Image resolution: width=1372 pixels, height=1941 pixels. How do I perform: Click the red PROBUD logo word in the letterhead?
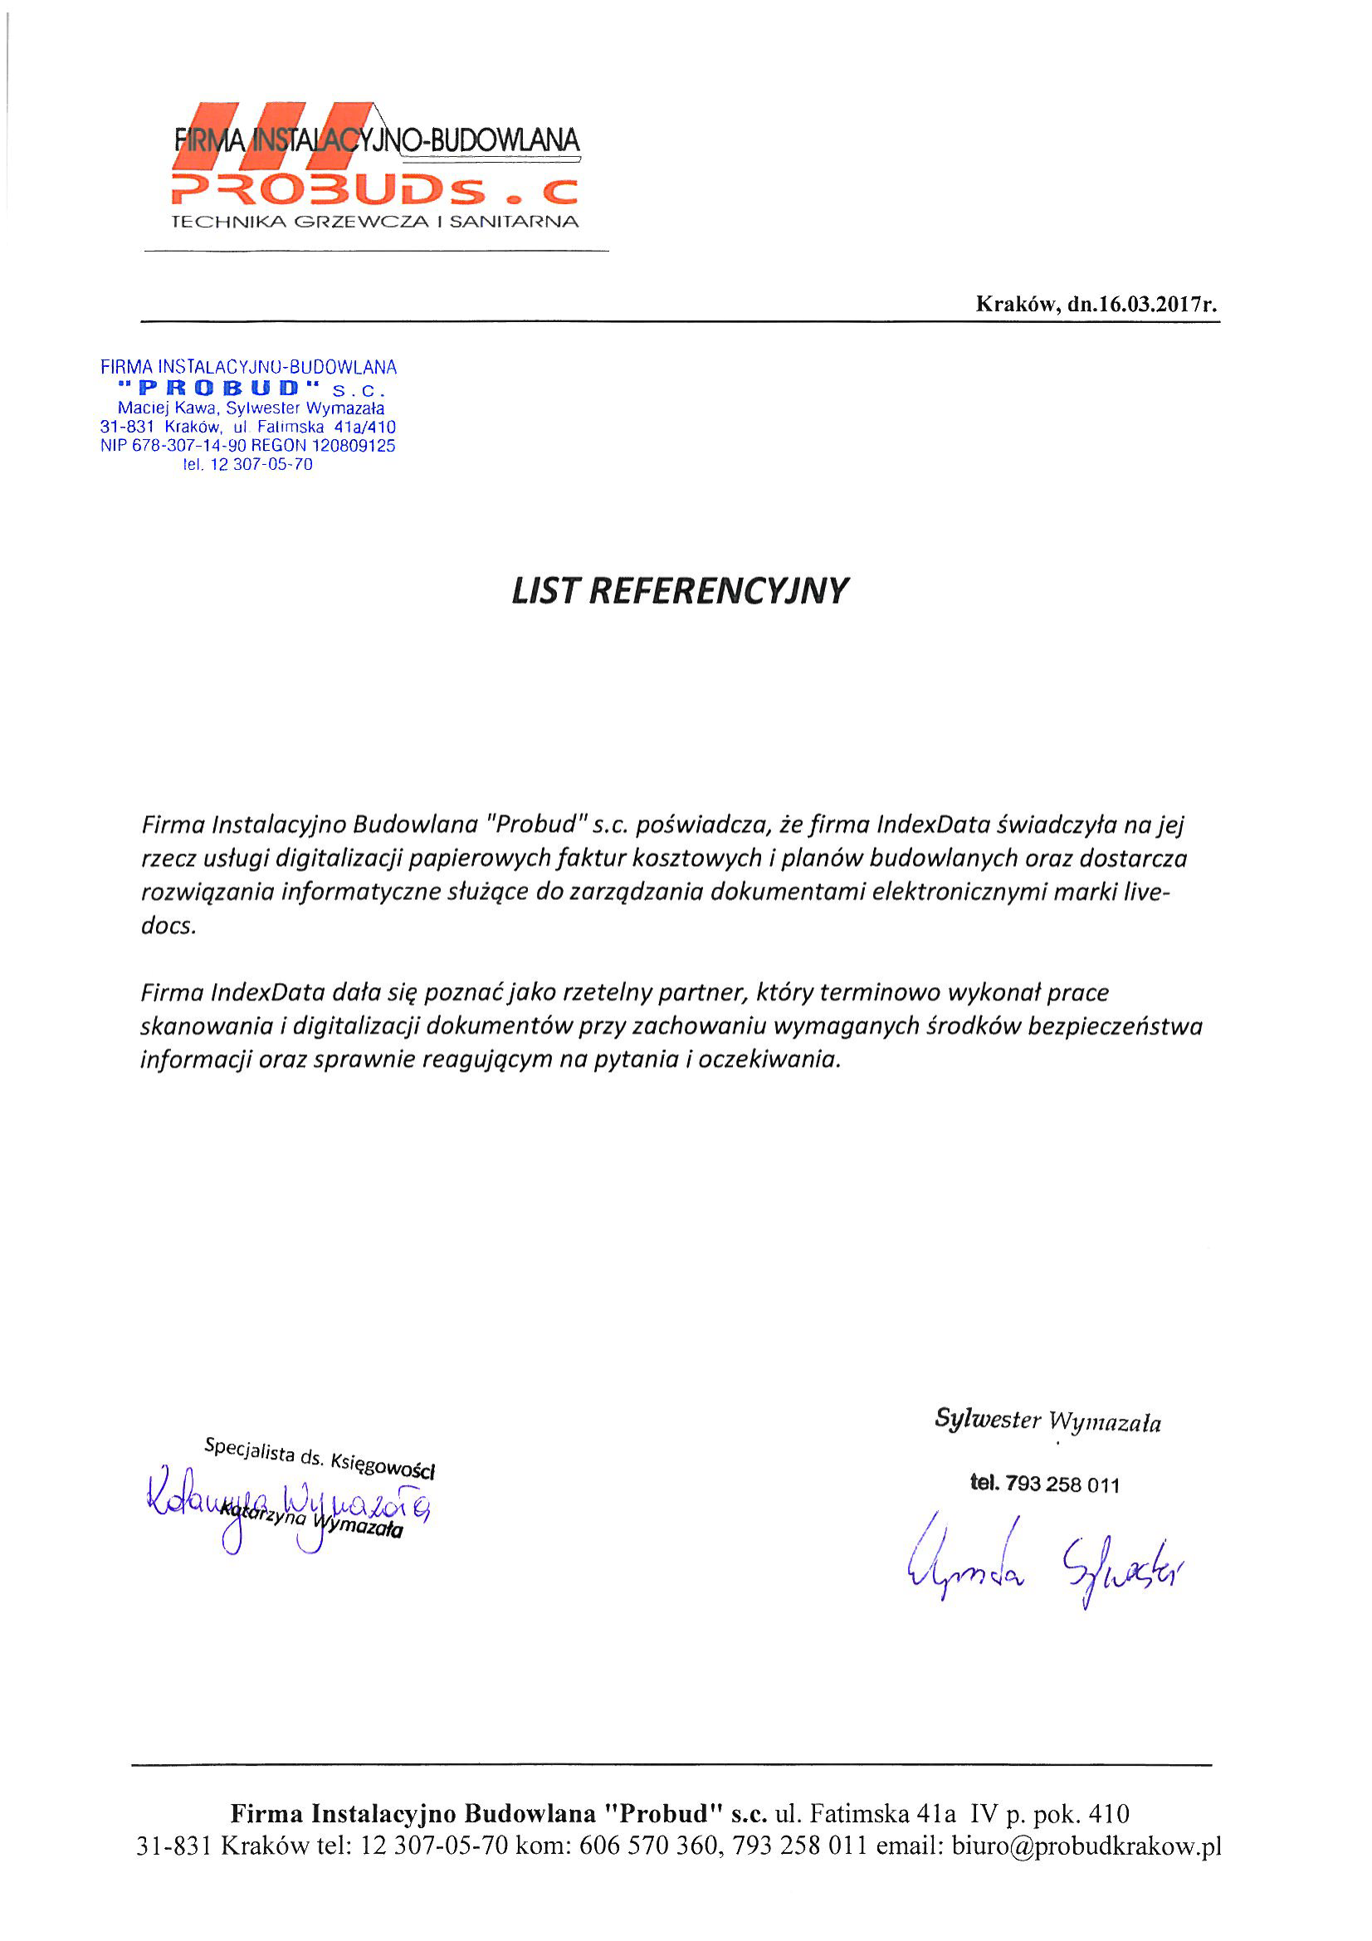(330, 191)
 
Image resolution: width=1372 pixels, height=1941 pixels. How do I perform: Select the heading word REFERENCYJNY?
(718, 591)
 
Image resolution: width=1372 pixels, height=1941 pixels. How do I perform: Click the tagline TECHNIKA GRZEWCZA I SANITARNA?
(375, 222)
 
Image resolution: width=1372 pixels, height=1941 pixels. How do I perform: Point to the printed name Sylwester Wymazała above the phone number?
(1047, 1420)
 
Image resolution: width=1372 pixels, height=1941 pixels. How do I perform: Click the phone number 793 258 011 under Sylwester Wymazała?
(1062, 1484)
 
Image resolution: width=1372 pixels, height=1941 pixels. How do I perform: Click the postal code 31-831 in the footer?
(174, 1846)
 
